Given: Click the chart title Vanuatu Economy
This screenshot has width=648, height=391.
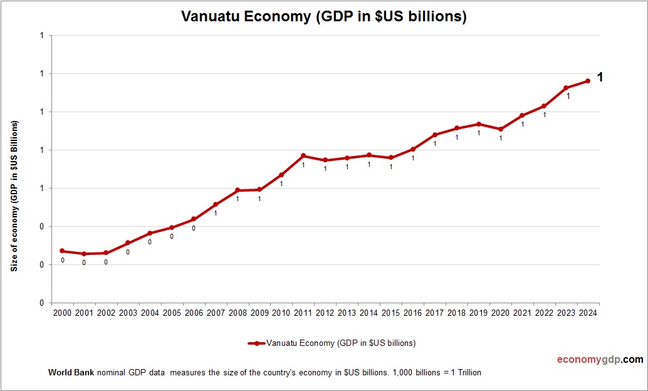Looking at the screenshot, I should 323,16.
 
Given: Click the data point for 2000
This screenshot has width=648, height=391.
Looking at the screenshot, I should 62,251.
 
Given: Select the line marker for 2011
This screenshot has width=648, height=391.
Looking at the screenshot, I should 303,155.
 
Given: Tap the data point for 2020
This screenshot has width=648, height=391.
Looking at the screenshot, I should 501,129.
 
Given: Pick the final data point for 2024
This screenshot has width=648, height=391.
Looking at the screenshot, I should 588,81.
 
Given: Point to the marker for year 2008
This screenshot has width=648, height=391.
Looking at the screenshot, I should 238,190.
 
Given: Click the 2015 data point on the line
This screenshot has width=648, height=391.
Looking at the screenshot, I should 391,158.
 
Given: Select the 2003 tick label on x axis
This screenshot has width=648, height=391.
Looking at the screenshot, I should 128,313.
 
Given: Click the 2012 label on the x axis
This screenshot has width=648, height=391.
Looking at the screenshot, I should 325,313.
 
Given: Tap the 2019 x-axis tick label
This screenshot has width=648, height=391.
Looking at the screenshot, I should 479,313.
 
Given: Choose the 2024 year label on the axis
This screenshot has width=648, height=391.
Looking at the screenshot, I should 588,313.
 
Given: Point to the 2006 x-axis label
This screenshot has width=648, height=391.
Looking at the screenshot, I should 194,313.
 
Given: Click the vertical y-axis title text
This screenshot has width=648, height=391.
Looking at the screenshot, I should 14,195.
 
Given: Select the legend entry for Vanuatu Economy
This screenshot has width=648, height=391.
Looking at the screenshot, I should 332,343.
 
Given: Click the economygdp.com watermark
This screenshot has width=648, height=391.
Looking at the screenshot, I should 600,360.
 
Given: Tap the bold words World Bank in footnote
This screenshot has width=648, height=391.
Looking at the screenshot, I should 71,372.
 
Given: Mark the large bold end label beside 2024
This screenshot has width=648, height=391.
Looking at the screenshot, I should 600,78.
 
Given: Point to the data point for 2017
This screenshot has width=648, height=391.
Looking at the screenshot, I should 435,135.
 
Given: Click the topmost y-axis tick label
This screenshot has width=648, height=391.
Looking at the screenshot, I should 41,36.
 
